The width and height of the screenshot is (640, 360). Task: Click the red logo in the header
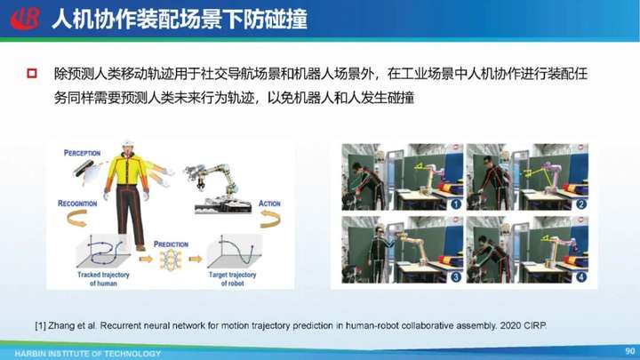pyautogui.click(x=25, y=19)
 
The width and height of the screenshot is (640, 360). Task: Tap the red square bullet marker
pyautogui.click(x=32, y=74)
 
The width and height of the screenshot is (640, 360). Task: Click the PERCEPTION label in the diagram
pyautogui.click(x=82, y=153)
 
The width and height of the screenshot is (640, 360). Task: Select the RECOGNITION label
pyautogui.click(x=77, y=204)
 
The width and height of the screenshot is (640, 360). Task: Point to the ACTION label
pyautogui.click(x=269, y=204)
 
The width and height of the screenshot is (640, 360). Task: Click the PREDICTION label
pyautogui.click(x=171, y=244)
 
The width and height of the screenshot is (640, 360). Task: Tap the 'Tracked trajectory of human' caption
pyautogui.click(x=103, y=279)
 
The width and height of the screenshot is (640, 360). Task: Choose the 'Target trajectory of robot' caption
pyautogui.click(x=232, y=279)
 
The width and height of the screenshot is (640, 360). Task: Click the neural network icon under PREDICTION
pyautogui.click(x=171, y=260)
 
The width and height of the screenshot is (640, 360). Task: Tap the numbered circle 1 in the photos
pyautogui.click(x=456, y=204)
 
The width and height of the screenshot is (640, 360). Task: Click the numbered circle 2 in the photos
pyautogui.click(x=580, y=204)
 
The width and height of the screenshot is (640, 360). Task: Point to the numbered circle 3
pyautogui.click(x=456, y=276)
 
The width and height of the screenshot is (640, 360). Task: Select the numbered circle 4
pyautogui.click(x=580, y=276)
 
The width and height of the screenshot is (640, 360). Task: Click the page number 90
pyautogui.click(x=630, y=351)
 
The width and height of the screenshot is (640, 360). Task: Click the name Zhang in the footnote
pyautogui.click(x=60, y=325)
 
